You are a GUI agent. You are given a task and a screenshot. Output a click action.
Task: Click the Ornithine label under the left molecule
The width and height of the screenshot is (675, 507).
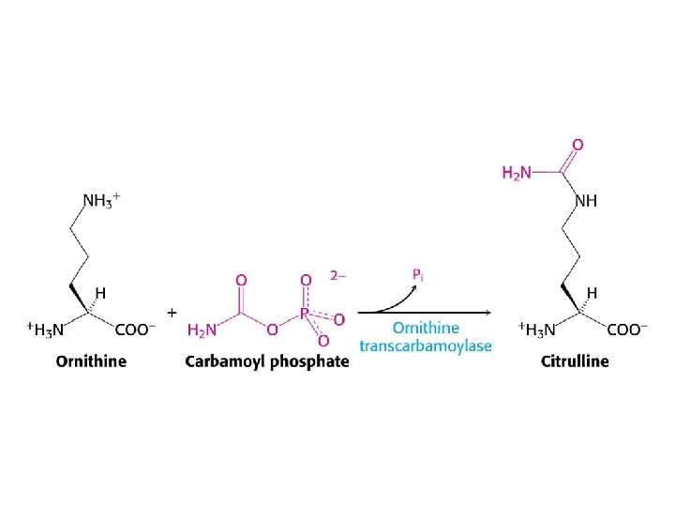[x=91, y=361]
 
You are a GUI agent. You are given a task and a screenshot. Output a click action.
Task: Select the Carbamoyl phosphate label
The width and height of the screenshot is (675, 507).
[x=267, y=361]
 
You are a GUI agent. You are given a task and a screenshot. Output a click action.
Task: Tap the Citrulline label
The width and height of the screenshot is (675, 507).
[x=574, y=361]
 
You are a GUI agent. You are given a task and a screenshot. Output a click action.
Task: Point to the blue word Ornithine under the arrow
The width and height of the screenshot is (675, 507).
[x=426, y=328]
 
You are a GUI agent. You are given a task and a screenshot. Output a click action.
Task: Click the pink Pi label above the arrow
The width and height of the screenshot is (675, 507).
[x=418, y=274]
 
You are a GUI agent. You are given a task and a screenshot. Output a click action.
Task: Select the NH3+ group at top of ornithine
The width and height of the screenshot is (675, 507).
[x=101, y=201]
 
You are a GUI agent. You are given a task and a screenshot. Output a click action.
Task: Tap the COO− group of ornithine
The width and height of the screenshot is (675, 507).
[x=133, y=330]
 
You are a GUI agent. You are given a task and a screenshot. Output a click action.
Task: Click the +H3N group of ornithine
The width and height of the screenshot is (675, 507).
[x=45, y=330]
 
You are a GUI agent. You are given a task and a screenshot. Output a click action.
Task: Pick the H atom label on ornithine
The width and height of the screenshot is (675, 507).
[x=99, y=292]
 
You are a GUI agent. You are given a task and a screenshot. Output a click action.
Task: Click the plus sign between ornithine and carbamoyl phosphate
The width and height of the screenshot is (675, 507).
[x=172, y=312]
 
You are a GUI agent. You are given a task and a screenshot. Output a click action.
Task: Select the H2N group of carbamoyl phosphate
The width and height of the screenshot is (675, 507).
[x=202, y=330]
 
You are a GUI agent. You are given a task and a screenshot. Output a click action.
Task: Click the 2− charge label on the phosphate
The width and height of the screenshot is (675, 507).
[x=337, y=276]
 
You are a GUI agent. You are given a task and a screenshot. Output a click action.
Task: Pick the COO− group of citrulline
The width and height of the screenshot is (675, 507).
[x=625, y=330]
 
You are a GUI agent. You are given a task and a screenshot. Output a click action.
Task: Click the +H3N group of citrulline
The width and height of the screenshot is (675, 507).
[x=536, y=330]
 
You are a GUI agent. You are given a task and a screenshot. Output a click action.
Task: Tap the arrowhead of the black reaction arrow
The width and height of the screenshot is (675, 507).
[x=488, y=313]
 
